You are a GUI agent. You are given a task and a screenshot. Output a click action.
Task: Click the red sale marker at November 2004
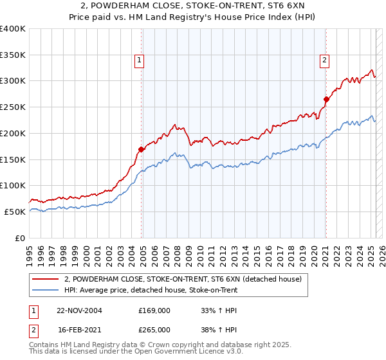(141, 150)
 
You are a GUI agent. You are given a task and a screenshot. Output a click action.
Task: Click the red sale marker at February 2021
(326, 100)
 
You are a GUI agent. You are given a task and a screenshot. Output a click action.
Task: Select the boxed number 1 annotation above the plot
(140, 61)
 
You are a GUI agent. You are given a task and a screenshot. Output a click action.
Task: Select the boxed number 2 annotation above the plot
(324, 61)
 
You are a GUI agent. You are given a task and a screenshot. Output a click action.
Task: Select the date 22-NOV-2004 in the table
(79, 310)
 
